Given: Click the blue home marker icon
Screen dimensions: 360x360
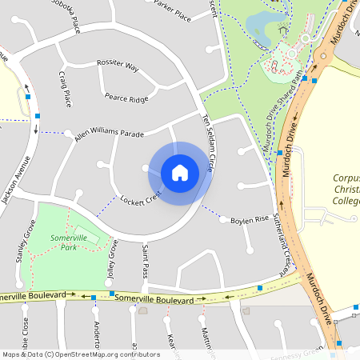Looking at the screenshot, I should (180, 172).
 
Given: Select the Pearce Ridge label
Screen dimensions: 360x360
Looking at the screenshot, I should (126, 98).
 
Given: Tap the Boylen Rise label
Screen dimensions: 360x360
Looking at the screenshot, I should (249, 220).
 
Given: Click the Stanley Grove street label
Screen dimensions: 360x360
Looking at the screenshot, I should (21, 245).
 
